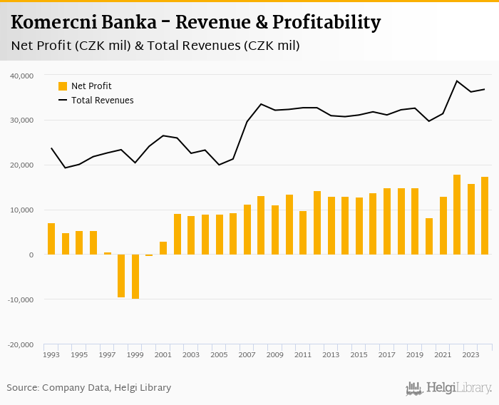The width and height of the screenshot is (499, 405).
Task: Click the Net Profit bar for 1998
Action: pos(121,276)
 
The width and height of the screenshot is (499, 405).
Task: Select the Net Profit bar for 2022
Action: pos(457,215)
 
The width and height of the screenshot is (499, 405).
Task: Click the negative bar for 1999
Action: pos(135,277)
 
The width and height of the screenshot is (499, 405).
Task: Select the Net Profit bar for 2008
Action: pos(261,225)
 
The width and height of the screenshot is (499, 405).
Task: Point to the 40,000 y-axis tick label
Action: pos(22,76)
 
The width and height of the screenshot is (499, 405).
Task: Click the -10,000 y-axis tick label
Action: pos(21,299)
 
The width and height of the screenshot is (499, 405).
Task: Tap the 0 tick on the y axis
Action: pos(31,255)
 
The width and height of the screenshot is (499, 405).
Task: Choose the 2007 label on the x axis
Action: pos(247,354)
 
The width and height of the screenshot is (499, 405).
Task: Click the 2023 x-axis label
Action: pos(470,354)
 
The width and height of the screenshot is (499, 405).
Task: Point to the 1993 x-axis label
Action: pos(51,354)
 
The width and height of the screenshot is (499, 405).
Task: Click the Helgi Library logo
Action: pos(448,389)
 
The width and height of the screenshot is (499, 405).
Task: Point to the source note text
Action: pos(89,388)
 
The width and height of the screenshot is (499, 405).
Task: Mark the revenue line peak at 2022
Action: pos(457,81)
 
